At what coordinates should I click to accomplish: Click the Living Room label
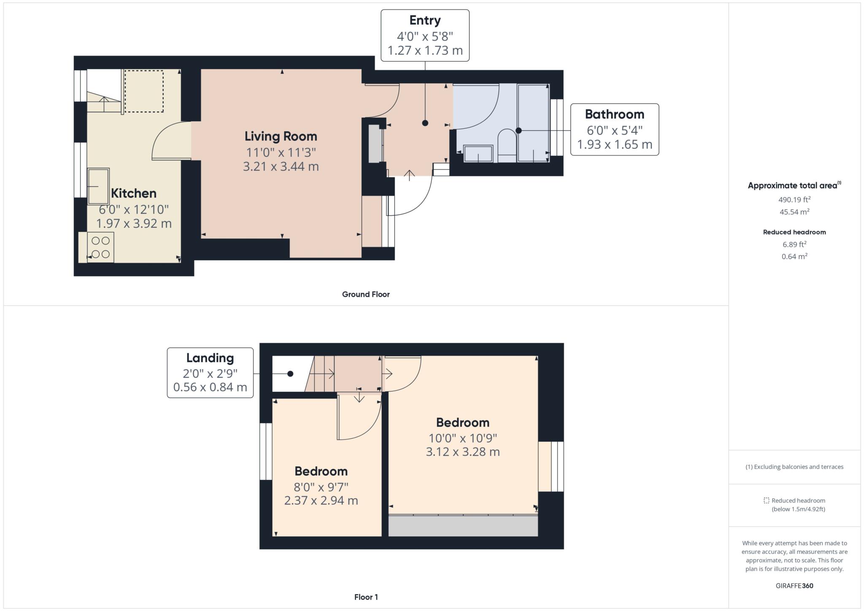click(281, 136)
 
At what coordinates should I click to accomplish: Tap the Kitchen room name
click(134, 193)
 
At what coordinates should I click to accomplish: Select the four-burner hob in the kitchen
click(100, 247)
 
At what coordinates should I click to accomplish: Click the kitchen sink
click(98, 186)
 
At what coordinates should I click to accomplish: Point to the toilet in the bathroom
click(507, 145)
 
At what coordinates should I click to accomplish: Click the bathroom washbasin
click(478, 153)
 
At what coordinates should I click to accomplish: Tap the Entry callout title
click(425, 20)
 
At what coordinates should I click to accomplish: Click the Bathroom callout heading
click(614, 114)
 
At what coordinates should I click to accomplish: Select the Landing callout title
click(210, 358)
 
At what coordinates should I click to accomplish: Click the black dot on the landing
click(290, 374)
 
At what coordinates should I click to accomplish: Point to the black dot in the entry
click(425, 123)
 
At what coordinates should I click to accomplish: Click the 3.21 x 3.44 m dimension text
click(281, 167)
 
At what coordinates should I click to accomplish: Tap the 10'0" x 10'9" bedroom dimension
click(463, 438)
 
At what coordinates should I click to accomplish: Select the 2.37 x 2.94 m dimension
click(321, 501)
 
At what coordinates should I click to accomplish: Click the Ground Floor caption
click(366, 294)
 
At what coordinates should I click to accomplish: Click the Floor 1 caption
click(366, 597)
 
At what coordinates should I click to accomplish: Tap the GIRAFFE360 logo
click(794, 586)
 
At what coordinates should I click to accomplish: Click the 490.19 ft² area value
click(794, 199)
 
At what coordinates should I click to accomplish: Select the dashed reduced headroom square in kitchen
click(144, 92)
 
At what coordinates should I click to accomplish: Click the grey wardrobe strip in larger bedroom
click(463, 526)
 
